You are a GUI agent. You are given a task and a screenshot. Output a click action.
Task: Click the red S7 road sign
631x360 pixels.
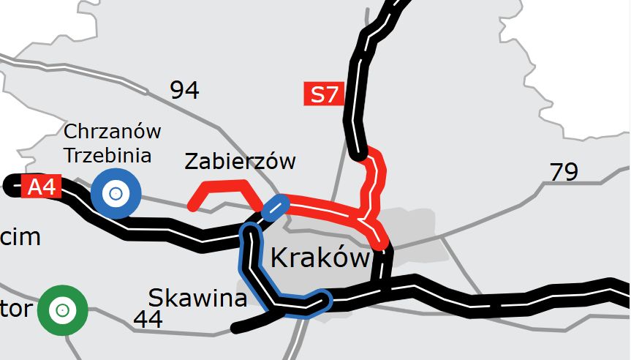(x=324, y=94)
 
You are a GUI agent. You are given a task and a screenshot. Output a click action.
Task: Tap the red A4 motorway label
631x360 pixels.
(x=41, y=187)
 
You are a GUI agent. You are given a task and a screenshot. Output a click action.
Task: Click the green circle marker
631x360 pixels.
(x=63, y=310)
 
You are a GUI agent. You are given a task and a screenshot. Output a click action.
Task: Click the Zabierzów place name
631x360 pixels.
(x=240, y=161)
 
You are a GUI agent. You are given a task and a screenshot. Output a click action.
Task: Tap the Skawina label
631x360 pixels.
(x=197, y=299)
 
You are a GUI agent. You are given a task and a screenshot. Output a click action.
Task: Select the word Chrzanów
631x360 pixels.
(x=112, y=132)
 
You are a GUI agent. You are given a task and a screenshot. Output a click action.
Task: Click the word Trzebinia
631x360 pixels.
(x=107, y=155)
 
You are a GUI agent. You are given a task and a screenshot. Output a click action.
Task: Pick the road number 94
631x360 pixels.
(x=184, y=91)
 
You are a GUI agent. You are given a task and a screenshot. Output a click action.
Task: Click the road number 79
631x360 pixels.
(x=564, y=173)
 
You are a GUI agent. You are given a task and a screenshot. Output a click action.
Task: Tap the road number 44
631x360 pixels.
(x=148, y=319)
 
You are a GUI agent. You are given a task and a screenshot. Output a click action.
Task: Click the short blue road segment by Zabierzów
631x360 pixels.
(x=275, y=207)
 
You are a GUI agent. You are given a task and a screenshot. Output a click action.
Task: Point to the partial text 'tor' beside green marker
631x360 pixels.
(x=16, y=310)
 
